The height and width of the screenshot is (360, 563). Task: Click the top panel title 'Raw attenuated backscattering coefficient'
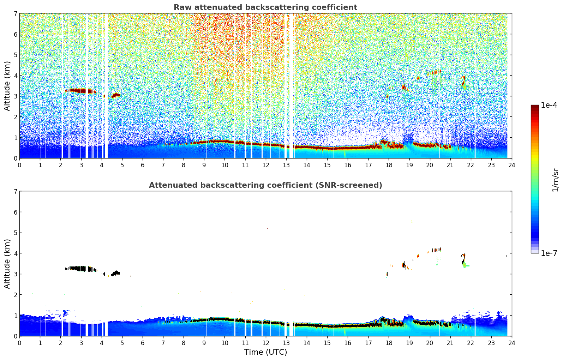[x=265, y=7]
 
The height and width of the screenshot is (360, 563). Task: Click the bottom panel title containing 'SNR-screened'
[x=265, y=185]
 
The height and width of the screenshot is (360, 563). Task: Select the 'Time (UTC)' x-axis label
[x=265, y=352]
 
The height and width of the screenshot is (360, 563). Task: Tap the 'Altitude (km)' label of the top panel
[x=7, y=86]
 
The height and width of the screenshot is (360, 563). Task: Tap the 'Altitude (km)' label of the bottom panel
[x=7, y=264]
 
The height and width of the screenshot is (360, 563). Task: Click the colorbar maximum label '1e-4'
[x=549, y=105]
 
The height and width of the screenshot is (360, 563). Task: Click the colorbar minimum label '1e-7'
[x=549, y=253]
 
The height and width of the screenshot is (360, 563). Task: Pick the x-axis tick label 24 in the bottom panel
[x=511, y=343]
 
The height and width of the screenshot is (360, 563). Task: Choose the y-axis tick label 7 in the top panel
[x=16, y=14]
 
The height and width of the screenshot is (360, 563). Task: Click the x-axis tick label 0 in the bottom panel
[x=19, y=343]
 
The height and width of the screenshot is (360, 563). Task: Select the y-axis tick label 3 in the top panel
[x=16, y=96]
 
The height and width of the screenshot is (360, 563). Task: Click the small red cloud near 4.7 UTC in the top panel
[x=116, y=95]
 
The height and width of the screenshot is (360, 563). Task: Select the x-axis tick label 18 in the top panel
[x=389, y=165]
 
